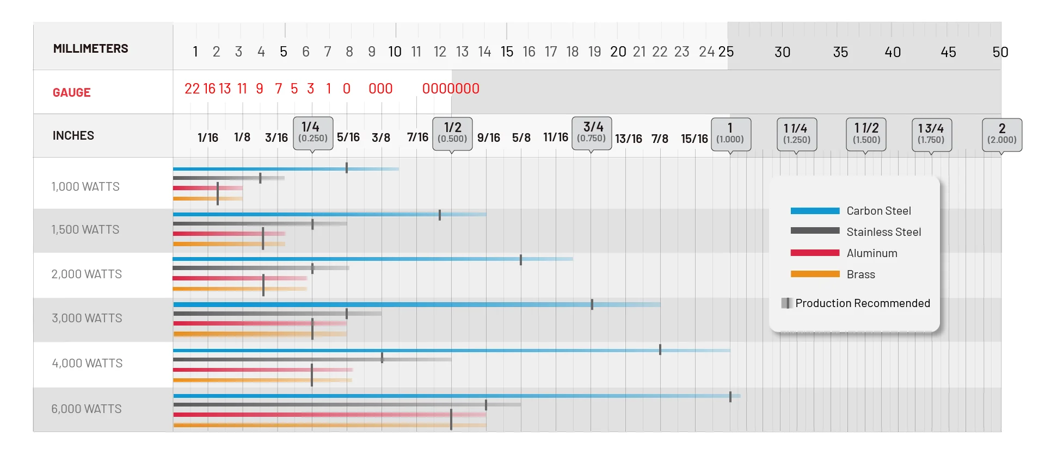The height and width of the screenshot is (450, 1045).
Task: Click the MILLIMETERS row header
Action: (x=90, y=49)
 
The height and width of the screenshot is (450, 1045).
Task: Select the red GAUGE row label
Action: (x=71, y=92)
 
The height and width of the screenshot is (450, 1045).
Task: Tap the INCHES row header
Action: (x=73, y=135)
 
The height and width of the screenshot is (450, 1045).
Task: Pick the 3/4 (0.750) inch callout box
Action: (x=592, y=133)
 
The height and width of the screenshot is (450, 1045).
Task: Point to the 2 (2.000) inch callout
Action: (x=1001, y=134)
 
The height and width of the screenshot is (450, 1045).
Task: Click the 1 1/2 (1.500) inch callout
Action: (x=866, y=134)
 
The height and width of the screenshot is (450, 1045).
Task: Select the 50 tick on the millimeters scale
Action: (x=1000, y=52)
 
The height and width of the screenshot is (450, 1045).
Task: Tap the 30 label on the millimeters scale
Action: (x=782, y=52)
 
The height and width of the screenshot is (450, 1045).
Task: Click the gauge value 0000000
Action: (x=451, y=89)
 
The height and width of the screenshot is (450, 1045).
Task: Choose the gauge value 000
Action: (x=380, y=89)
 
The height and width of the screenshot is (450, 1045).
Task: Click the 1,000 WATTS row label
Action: (x=85, y=186)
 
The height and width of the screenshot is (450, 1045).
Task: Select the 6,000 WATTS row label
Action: (x=87, y=409)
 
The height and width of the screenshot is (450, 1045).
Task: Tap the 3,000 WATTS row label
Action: (x=87, y=318)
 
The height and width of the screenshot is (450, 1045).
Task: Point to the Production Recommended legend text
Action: (x=862, y=303)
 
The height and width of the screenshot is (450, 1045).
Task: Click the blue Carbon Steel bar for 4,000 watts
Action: (x=414, y=351)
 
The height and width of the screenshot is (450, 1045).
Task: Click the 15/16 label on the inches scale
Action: (x=694, y=139)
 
